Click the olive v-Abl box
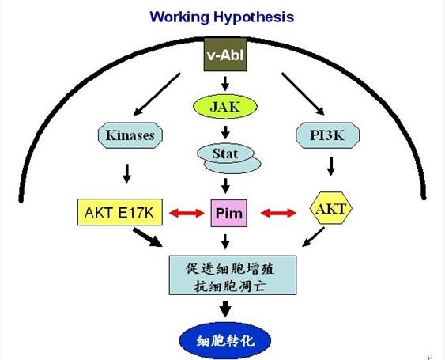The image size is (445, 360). point(225,55)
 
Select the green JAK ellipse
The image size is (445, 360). point(225,107)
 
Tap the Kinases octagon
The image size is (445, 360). point(130,135)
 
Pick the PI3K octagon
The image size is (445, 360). point(327,135)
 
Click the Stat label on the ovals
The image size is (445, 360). point(225,153)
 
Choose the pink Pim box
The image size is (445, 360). point(228,213)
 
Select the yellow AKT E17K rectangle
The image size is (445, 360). point(120,212)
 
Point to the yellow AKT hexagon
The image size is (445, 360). point(330,209)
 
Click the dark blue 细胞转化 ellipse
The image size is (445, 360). point(225,340)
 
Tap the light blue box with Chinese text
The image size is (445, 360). point(232,275)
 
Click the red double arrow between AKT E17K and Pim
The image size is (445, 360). point(187,213)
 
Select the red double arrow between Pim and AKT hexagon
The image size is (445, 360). point(278,213)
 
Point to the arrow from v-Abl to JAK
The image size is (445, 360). point(225,83)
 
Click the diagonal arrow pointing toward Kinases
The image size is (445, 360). point(157,94)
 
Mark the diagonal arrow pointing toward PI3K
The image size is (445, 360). point(303,94)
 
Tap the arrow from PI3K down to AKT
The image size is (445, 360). point(330,166)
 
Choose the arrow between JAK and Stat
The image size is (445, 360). point(225,132)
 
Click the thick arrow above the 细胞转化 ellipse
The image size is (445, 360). point(225,309)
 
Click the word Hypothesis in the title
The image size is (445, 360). point(254,17)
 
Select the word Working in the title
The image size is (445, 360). point(179,17)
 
